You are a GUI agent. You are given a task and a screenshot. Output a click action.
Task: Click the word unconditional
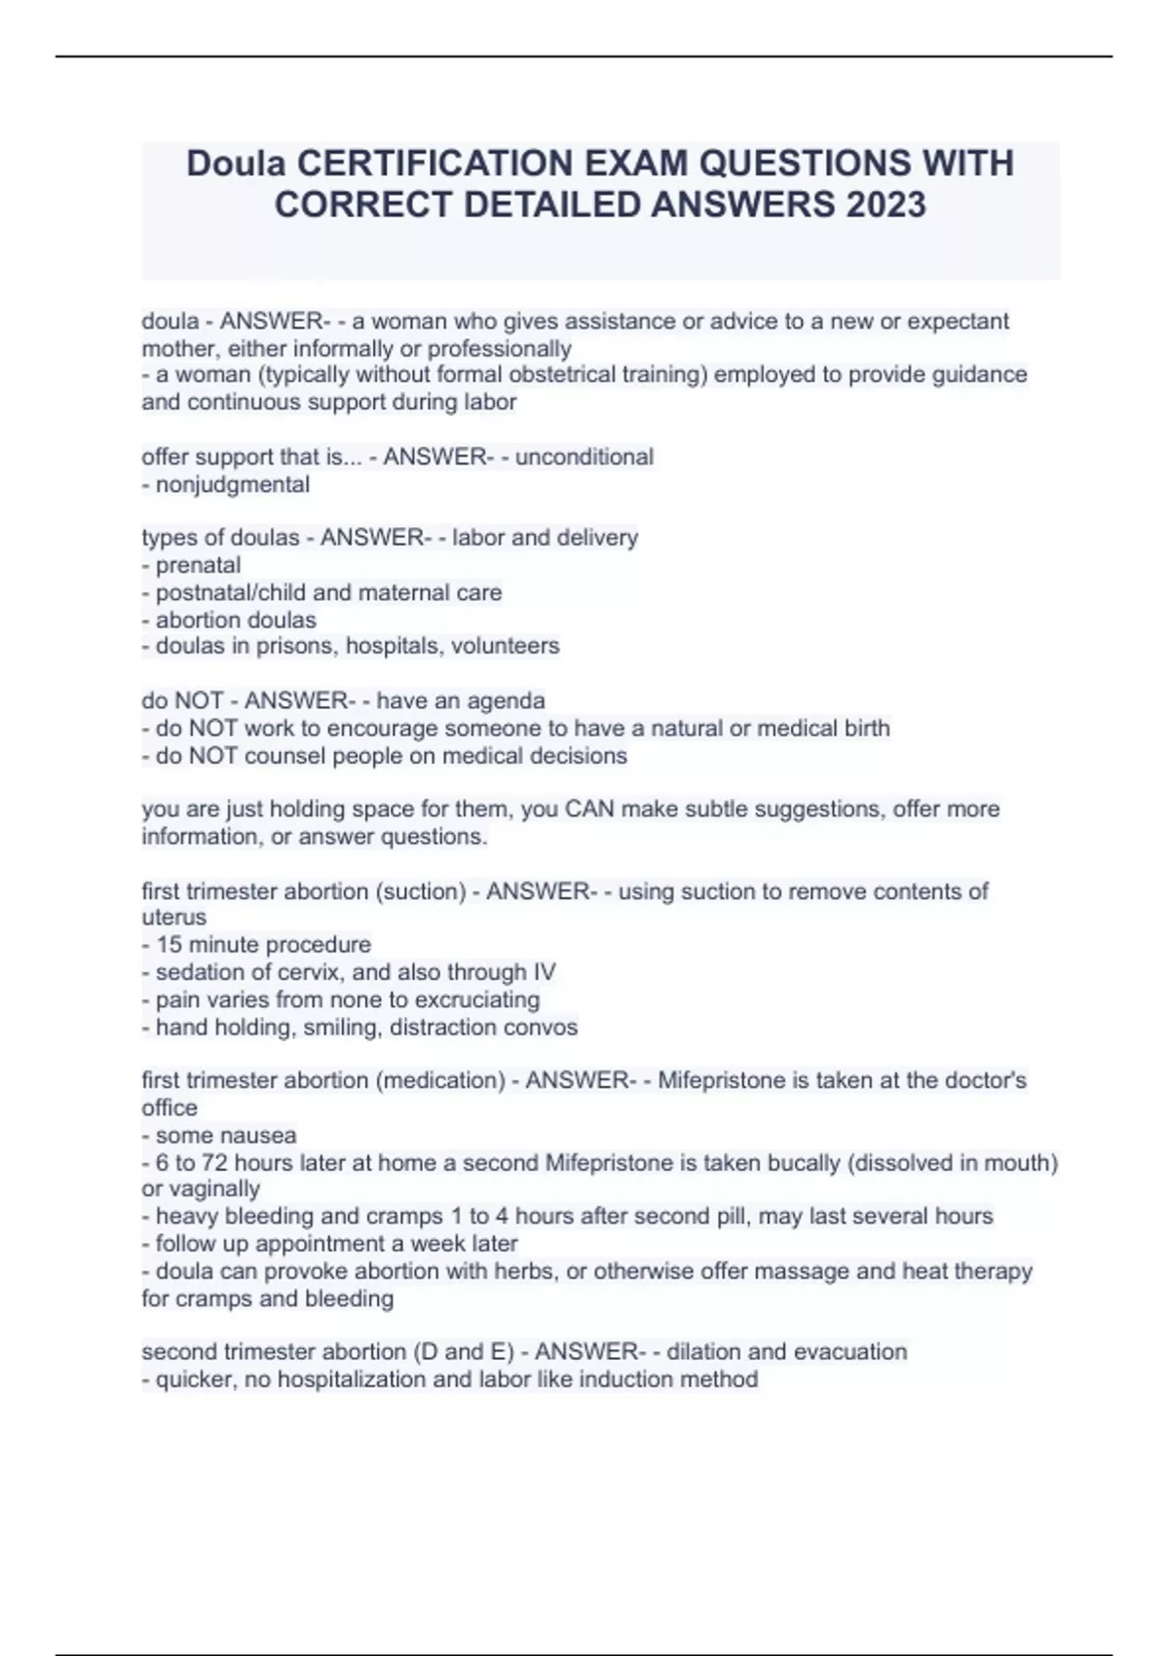coord(584,457)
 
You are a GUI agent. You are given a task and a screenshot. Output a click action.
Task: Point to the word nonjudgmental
coord(233,484)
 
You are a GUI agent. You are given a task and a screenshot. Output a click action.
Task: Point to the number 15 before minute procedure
coord(169,945)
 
